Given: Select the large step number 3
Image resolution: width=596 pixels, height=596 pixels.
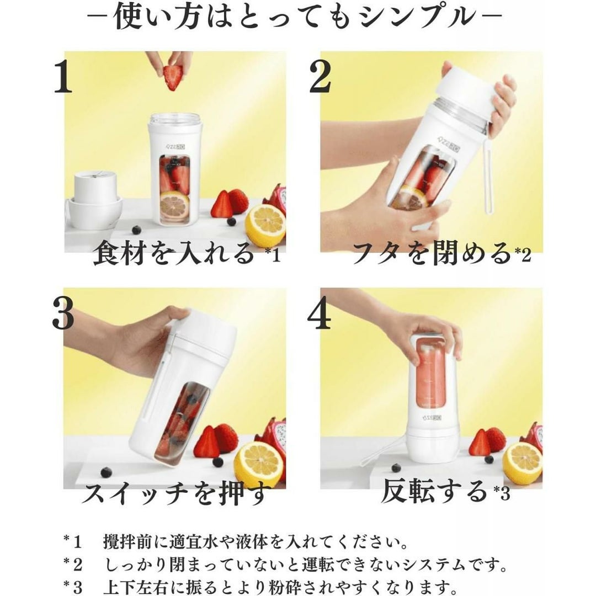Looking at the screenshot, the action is (63, 313).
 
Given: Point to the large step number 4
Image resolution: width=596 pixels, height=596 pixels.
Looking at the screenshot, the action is (320, 313).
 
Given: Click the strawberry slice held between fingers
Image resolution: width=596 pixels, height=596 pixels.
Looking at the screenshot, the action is (173, 77).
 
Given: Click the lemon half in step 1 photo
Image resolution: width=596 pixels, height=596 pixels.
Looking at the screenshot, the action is (265, 225).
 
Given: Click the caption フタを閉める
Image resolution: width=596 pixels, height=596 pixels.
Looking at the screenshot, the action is (432, 253).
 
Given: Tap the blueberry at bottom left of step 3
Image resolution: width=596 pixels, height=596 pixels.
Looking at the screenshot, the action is (107, 472).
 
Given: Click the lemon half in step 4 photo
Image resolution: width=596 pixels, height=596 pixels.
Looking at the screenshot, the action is (522, 464).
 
